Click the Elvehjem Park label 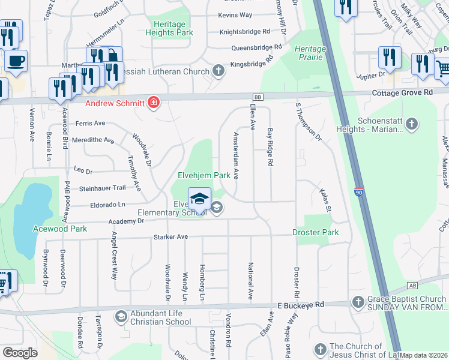[203, 176]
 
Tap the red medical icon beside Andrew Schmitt [154, 103]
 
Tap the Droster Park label [315, 232]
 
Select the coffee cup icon [16, 60]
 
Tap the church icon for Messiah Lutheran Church [218, 71]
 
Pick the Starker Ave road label [172, 237]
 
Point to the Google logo [20, 353]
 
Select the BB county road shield [258, 96]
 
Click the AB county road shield [412, 286]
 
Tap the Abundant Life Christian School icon [121, 316]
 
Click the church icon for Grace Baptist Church [358, 301]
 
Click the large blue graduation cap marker [199, 199]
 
